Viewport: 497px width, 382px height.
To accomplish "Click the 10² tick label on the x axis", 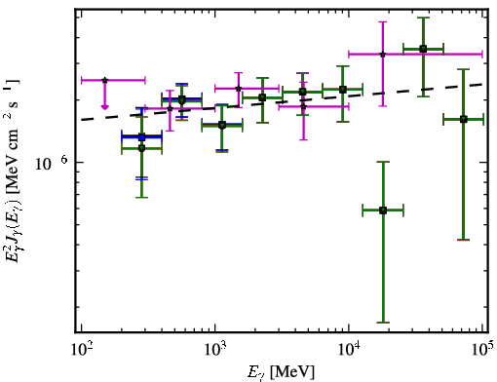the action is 81,350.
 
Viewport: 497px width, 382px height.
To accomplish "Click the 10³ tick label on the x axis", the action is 214,350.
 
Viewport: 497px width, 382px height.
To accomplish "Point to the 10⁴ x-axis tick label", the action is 349,350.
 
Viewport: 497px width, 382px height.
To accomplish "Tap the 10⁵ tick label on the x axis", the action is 482,350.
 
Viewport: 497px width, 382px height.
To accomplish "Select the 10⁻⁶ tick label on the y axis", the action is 52,163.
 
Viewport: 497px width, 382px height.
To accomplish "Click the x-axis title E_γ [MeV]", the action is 281,372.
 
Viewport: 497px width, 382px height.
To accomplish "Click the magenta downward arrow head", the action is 104,107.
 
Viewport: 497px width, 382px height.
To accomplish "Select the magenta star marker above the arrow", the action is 104,80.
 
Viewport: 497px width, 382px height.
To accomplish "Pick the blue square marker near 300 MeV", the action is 141,137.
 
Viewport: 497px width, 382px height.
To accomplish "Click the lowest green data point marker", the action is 383,210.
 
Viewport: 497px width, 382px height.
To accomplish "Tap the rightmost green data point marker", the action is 464,120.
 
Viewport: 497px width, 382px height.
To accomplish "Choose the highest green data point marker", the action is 423,49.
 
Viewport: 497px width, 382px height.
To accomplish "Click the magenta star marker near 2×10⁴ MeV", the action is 383,55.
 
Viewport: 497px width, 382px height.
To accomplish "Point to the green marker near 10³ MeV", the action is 222,126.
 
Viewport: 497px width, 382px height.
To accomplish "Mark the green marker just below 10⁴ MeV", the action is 343,90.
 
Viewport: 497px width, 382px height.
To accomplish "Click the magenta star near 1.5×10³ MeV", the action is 239,89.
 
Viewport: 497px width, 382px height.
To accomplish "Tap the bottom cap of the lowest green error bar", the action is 383,323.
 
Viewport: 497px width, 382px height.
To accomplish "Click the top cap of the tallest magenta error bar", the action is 383,21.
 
